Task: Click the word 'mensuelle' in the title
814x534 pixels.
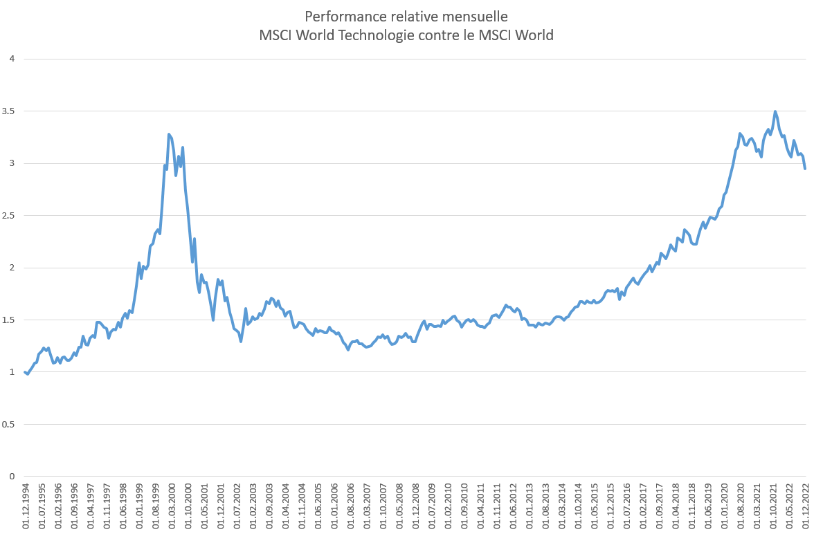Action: (x=476, y=16)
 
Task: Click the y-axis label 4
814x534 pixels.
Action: (x=12, y=59)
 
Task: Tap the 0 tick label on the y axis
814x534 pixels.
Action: (x=12, y=477)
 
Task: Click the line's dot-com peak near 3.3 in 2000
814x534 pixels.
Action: (x=169, y=134)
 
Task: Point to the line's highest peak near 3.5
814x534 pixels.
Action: (x=775, y=111)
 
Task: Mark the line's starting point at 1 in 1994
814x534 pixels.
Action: (x=25, y=372)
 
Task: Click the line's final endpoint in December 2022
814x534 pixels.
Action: (x=805, y=169)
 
